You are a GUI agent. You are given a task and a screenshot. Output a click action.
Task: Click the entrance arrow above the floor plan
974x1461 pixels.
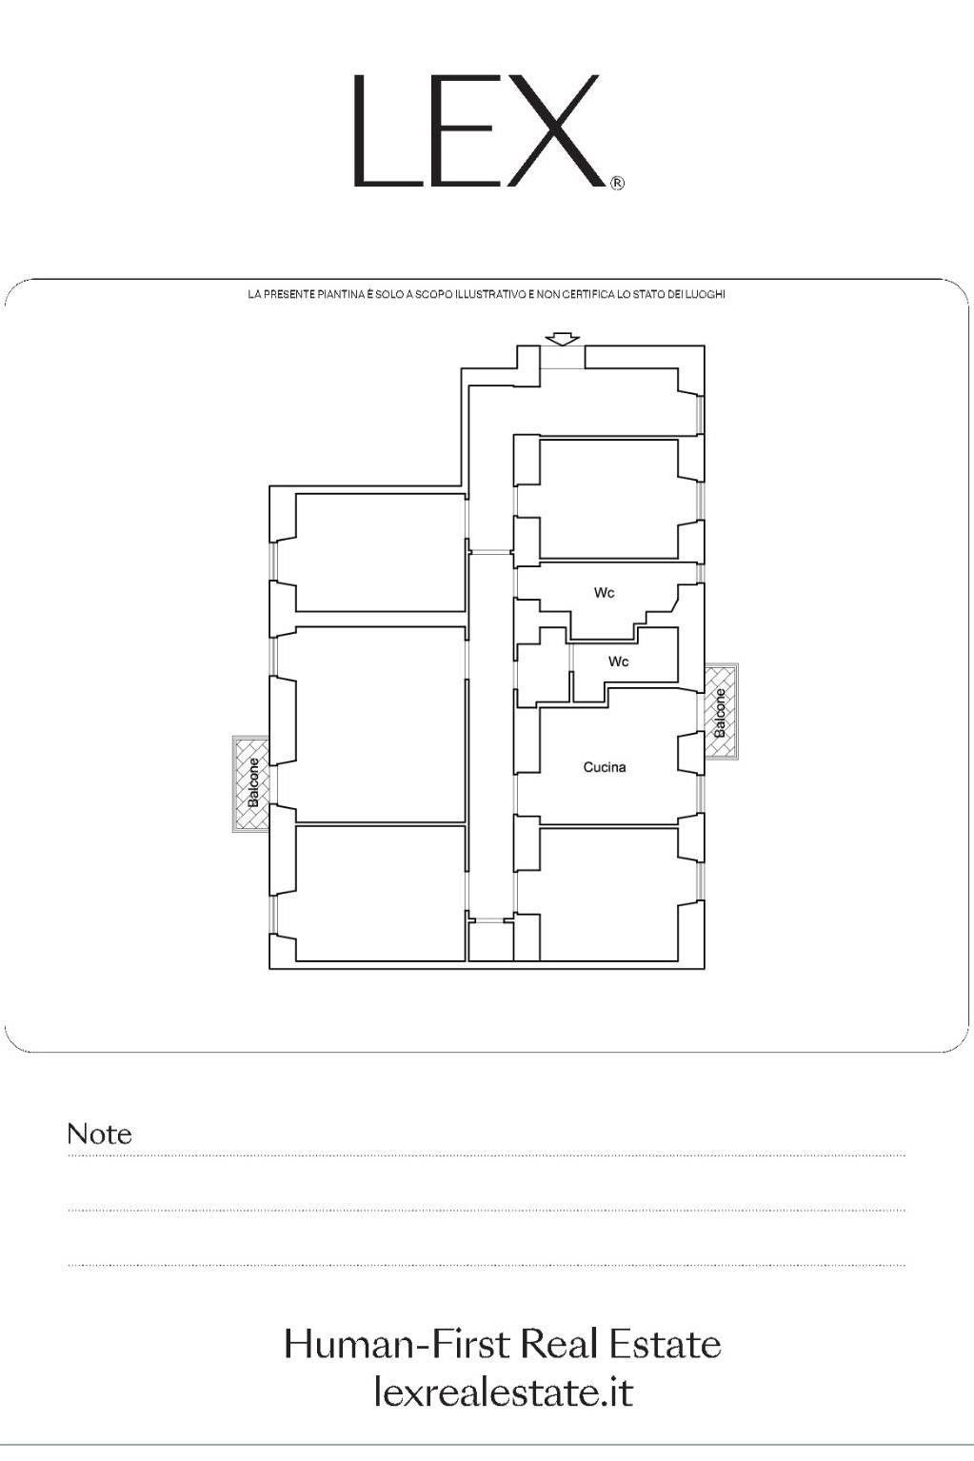click(563, 339)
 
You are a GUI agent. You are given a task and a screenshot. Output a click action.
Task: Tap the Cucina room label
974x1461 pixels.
click(604, 767)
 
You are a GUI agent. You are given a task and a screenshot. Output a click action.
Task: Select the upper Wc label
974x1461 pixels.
click(604, 593)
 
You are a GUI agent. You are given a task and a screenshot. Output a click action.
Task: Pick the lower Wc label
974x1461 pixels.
click(619, 661)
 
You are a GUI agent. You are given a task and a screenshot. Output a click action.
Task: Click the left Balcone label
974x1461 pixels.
click(254, 782)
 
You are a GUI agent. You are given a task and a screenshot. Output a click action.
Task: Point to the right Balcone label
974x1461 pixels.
click(720, 713)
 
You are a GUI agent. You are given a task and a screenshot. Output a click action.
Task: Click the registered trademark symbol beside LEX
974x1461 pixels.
click(617, 184)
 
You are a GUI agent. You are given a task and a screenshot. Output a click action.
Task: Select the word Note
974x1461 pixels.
click(99, 1135)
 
